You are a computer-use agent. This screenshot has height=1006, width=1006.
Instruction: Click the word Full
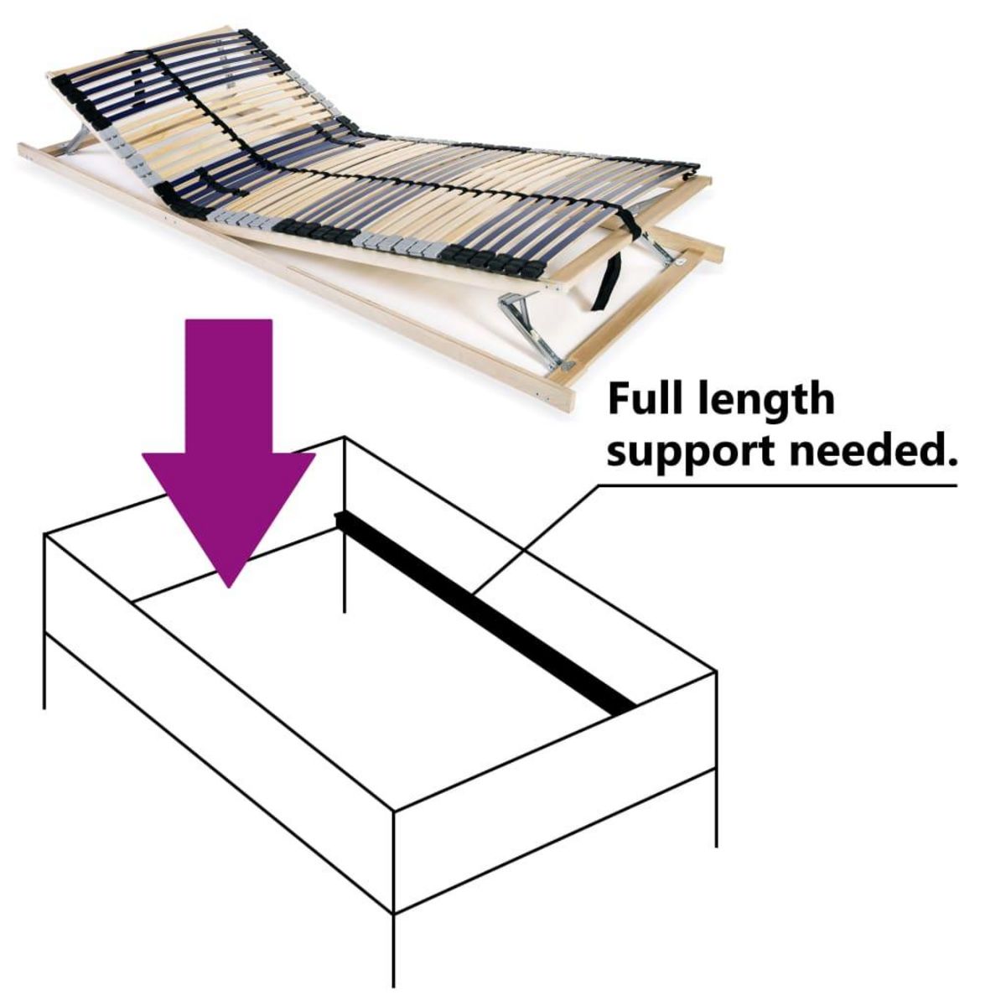651,399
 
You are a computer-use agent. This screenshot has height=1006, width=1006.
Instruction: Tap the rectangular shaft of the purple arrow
229,386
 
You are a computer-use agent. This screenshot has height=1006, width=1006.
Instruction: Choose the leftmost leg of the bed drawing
44,671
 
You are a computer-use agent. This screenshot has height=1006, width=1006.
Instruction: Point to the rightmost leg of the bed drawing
715,805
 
